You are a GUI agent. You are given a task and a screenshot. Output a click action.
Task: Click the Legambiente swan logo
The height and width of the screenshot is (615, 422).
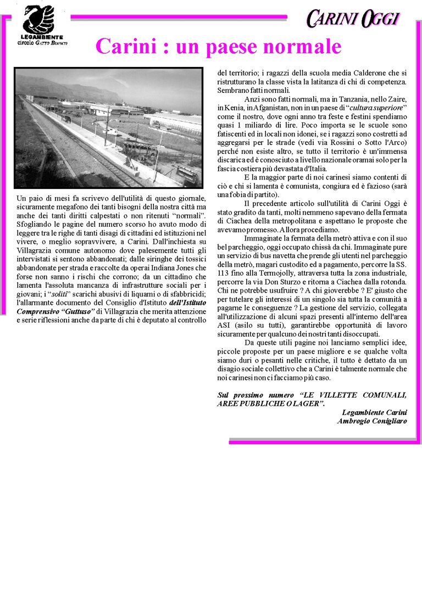click(x=38, y=19)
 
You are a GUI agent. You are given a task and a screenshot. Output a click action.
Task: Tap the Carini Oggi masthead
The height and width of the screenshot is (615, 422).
click(x=352, y=19)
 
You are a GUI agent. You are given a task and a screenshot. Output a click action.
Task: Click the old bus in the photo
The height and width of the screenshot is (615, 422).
click(x=138, y=148)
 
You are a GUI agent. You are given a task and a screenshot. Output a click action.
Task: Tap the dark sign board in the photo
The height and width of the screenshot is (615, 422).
click(x=186, y=175)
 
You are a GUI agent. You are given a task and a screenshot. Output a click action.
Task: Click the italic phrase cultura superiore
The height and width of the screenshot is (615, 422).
click(x=375, y=108)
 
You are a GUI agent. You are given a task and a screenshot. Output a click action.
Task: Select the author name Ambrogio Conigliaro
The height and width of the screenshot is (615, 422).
click(x=372, y=421)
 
